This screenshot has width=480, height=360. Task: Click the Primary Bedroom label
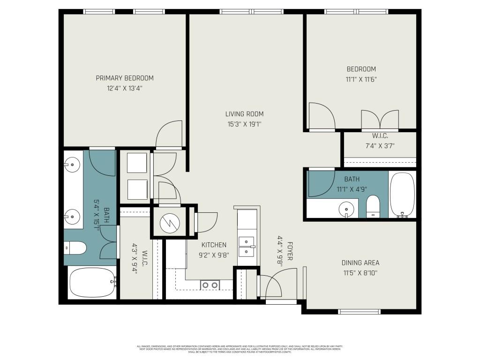click(125, 78)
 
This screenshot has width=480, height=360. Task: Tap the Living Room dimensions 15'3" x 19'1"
click(244, 124)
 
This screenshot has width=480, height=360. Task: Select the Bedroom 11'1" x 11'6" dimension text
click(361, 80)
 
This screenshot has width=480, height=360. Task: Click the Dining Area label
click(360, 263)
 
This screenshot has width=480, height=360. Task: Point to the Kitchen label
click(214, 245)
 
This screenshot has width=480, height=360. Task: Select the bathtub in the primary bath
click(91, 282)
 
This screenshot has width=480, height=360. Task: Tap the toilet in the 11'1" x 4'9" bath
click(373, 207)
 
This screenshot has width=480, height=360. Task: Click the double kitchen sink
click(247, 247)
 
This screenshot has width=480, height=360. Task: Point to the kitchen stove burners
click(210, 285)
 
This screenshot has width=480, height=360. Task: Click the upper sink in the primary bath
click(73, 164)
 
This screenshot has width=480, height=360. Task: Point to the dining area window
click(359, 311)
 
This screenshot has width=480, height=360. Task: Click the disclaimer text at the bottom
click(240, 349)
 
